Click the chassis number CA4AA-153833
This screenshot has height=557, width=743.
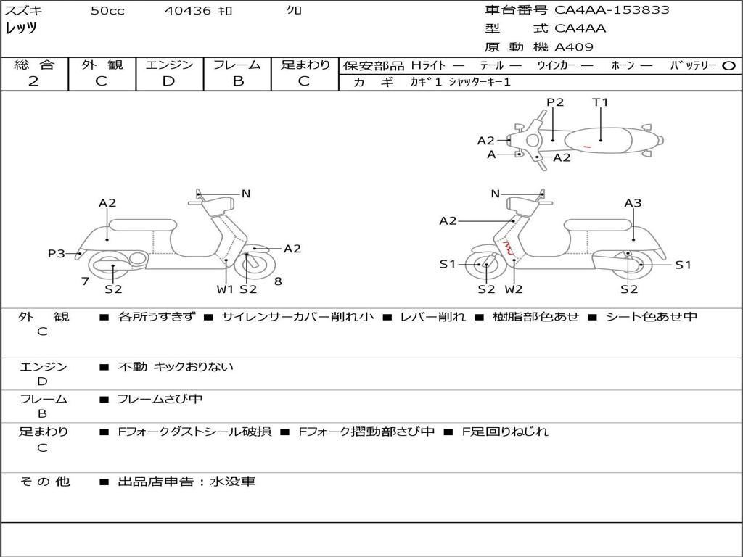tap(612, 10)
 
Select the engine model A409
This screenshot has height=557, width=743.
tap(574, 47)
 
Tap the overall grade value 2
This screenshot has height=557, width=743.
tap(33, 81)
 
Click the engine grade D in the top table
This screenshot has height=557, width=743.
tap(168, 81)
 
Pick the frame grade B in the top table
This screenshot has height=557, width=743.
tap(238, 81)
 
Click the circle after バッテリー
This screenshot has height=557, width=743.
tap(728, 66)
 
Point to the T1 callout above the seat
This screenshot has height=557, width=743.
tap(600, 102)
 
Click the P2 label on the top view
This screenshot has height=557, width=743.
tap(555, 102)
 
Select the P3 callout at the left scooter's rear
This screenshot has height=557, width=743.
tap(57, 253)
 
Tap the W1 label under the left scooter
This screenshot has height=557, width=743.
tap(225, 289)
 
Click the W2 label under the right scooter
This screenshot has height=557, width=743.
tap(514, 289)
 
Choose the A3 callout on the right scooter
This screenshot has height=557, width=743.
tap(633, 203)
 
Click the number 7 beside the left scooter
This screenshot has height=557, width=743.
tap(86, 281)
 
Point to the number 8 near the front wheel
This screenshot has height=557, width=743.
tap(278, 281)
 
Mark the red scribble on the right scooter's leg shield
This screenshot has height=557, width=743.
tap(508, 248)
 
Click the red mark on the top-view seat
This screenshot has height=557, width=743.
tap(586, 147)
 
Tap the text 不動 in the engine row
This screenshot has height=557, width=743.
tap(132, 366)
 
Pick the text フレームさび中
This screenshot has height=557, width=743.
tap(160, 399)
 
